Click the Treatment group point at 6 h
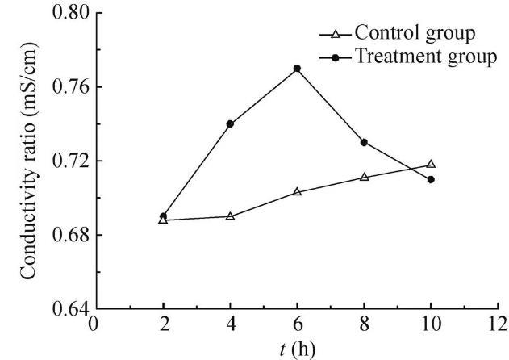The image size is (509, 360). (297, 69)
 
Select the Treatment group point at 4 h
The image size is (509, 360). (230, 123)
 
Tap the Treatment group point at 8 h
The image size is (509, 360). (364, 142)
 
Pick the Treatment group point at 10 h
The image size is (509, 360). (431, 179)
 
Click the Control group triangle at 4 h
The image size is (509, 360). (230, 216)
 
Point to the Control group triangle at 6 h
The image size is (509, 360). (297, 192)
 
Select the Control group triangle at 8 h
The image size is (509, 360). (364, 177)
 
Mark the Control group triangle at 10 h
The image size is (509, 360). (431, 164)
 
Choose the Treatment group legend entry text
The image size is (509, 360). (427, 58)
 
